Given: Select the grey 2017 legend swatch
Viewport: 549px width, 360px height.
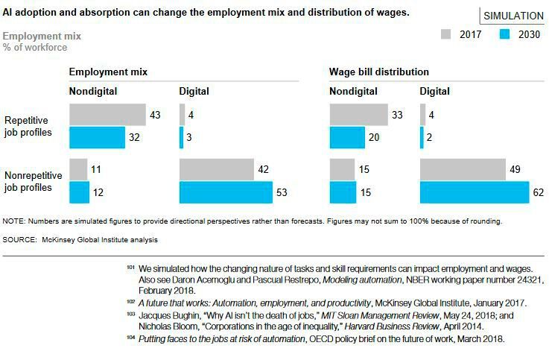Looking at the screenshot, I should [447, 34].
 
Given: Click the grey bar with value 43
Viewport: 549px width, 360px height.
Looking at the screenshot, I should [107, 115].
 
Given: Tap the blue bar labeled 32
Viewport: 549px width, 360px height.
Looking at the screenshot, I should [97, 138].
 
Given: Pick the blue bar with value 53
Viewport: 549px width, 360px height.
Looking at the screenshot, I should [226, 192].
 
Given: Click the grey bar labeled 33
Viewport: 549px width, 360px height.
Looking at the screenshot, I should [358, 115].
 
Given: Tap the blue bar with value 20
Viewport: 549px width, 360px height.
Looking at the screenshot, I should [347, 138].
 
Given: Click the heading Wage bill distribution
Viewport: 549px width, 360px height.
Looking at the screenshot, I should [379, 72].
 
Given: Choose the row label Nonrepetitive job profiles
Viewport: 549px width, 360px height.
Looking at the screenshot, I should [34, 181].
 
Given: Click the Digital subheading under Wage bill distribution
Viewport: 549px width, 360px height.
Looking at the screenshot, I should [435, 92].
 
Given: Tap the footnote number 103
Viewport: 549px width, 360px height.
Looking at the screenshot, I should [130, 315].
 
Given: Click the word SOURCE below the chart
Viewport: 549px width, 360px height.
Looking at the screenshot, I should [20, 240].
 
